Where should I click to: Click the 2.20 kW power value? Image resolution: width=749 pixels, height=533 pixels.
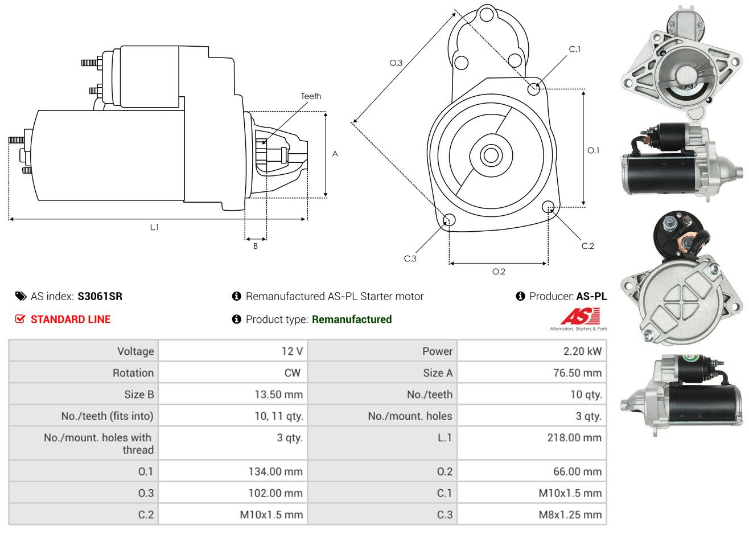click(x=582, y=351)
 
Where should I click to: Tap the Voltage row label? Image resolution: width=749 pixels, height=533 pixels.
click(x=135, y=351)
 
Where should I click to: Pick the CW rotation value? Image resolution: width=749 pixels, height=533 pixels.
click(x=292, y=373)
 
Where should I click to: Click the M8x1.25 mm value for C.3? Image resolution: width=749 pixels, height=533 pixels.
click(x=570, y=515)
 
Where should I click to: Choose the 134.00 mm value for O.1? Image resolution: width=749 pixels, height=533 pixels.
click(x=275, y=471)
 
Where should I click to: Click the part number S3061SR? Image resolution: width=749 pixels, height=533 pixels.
click(x=100, y=296)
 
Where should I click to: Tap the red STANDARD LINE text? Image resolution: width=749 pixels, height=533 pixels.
click(x=71, y=319)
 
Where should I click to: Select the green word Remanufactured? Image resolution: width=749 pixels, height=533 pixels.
click(x=352, y=319)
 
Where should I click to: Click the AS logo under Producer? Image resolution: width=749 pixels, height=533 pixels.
click(x=580, y=317)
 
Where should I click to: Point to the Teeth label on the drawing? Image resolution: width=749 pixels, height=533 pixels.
click(x=311, y=96)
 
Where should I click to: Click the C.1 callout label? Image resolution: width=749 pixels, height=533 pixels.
click(x=575, y=50)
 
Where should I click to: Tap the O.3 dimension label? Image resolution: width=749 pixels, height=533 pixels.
click(x=396, y=63)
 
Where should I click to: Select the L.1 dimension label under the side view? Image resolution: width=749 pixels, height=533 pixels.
click(x=154, y=227)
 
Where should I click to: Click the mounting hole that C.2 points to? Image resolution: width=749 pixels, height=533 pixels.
click(x=548, y=207)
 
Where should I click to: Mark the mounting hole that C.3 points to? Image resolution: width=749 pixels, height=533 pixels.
click(x=448, y=220)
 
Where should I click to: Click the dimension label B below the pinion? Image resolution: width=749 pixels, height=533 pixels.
click(x=256, y=246)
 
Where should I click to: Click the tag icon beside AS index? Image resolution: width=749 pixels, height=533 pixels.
click(x=20, y=296)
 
